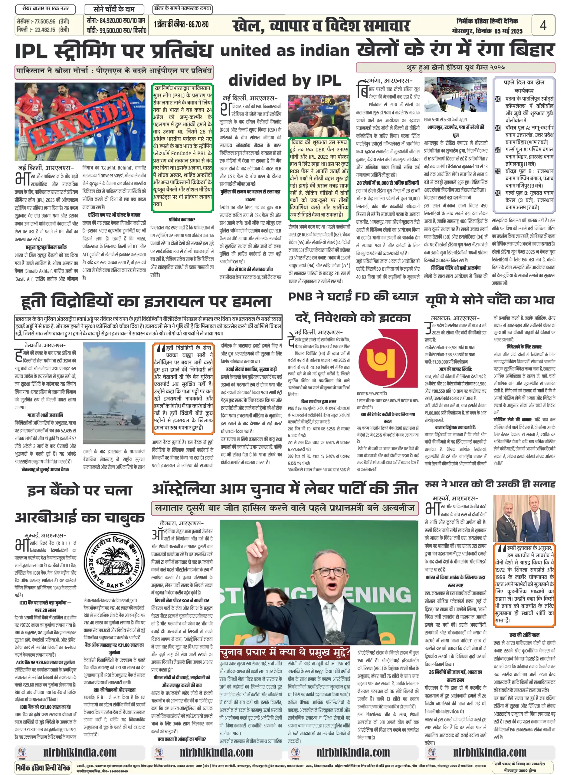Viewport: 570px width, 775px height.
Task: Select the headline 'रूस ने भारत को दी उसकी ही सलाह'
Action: click(490, 484)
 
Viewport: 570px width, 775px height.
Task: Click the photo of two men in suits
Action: click(524, 519)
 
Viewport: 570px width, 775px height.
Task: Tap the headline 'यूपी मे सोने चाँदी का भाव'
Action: click(490, 300)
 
